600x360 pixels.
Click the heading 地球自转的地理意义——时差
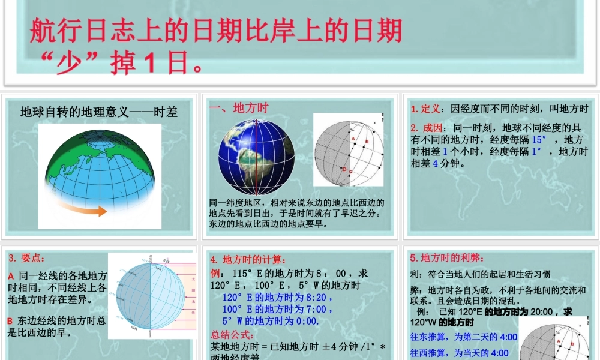click(x=99, y=112)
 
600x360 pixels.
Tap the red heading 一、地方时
click(x=238, y=108)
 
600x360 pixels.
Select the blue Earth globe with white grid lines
click(x=256, y=157)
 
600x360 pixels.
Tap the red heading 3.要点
click(x=27, y=258)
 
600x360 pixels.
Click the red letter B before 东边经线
click(x=10, y=321)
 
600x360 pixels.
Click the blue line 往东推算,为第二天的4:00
click(x=463, y=337)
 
